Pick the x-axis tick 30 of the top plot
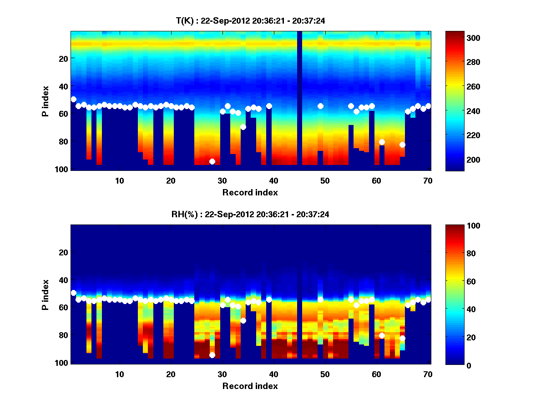[x=222, y=180]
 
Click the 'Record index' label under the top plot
[x=250, y=192]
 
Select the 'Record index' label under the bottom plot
[x=250, y=386]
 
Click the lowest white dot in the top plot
[x=212, y=161]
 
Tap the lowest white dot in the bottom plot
[x=212, y=355]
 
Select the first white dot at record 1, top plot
[x=74, y=99]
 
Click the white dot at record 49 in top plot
[x=320, y=106]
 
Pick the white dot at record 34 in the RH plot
[x=243, y=320]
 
